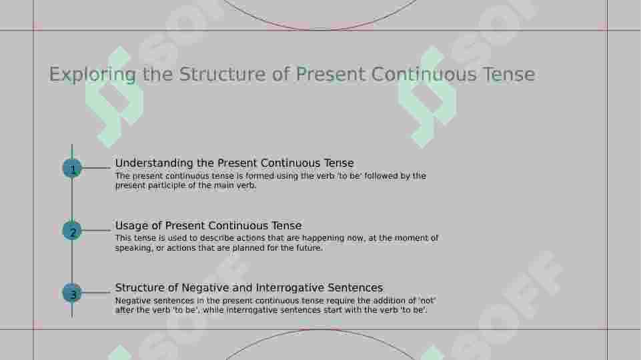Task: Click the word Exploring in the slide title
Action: pos(92,74)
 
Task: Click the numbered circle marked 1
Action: pos(72,169)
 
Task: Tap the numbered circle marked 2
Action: pos(72,231)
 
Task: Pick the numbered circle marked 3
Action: pos(72,293)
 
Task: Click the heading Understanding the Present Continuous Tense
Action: pos(234,163)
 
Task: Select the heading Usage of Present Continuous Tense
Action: pos(208,226)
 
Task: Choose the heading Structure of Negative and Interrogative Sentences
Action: pos(249,288)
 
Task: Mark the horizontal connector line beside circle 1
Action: pos(96,168)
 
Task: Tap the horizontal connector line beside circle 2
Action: pos(96,231)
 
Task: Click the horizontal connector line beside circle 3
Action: pos(96,293)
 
